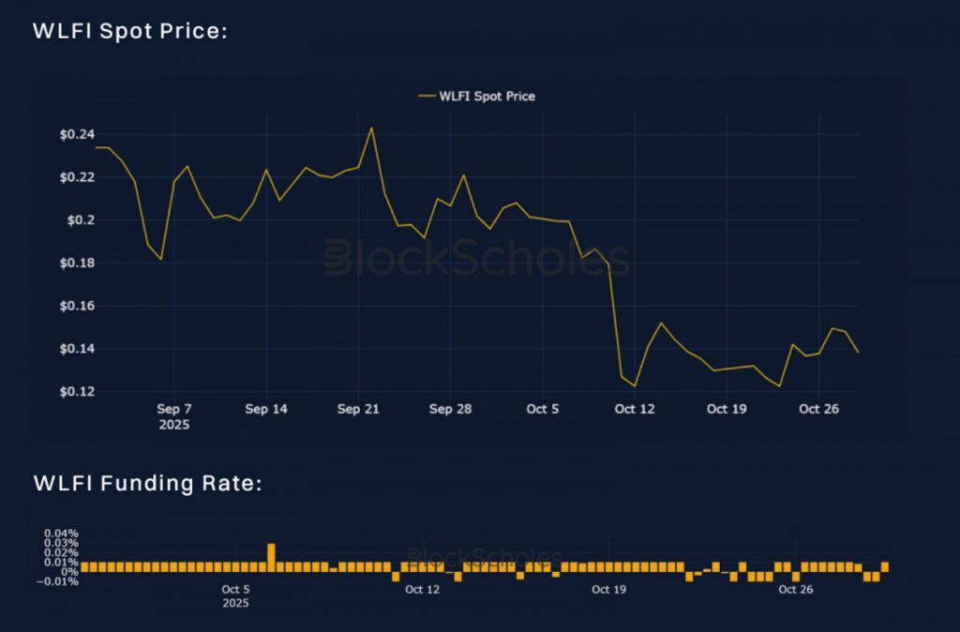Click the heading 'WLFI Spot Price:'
pos(130,31)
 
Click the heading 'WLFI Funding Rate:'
pos(147,484)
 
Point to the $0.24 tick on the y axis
pos(76,135)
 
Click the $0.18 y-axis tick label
pos(76,263)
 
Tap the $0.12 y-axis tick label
pos(76,392)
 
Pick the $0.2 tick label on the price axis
pos(80,220)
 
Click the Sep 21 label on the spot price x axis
pos(357,410)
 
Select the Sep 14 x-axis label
pos(266,410)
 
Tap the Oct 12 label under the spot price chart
pos(635,410)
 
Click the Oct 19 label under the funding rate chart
pos(608,590)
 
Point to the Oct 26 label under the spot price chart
pos(818,410)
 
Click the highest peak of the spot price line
pos(371,128)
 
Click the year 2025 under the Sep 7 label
pos(174,425)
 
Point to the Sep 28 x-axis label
pos(450,410)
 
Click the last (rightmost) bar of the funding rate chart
pos(884,567)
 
